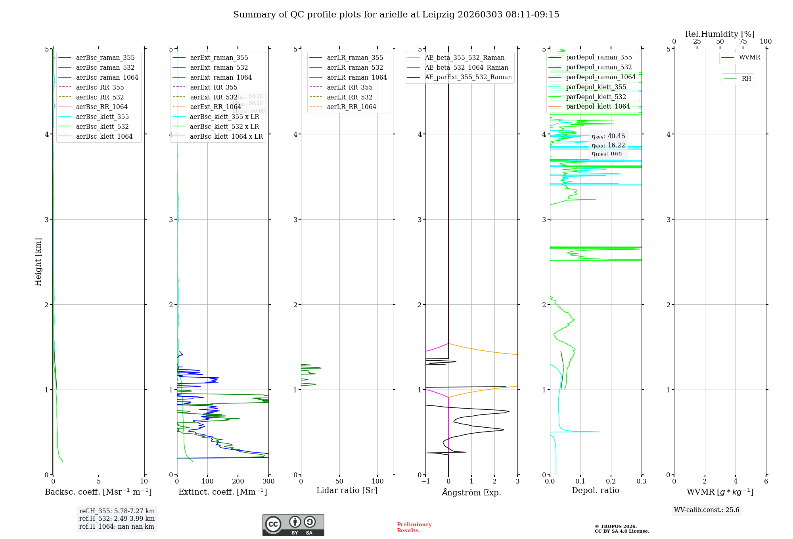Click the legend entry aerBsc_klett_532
coord(102,126)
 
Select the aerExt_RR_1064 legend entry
coord(215,107)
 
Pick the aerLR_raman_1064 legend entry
coord(356,77)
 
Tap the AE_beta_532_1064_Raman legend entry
coord(466,67)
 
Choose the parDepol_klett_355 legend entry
coord(596,87)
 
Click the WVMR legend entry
coord(749,57)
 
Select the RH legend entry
coord(746,79)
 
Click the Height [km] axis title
coord(38,262)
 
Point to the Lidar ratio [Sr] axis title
coord(347,490)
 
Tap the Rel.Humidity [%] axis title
coord(720,34)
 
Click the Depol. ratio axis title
coord(595,490)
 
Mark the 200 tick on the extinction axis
coord(238,481)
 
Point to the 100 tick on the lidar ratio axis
coord(377,481)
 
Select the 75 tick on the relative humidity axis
coord(743,41)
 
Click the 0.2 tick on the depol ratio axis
coord(611,481)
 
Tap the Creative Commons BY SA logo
coord(293,525)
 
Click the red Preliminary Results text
coord(414,528)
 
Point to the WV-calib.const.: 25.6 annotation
coord(707,510)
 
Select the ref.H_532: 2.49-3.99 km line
coord(117,518)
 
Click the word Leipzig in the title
coord(438,15)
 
